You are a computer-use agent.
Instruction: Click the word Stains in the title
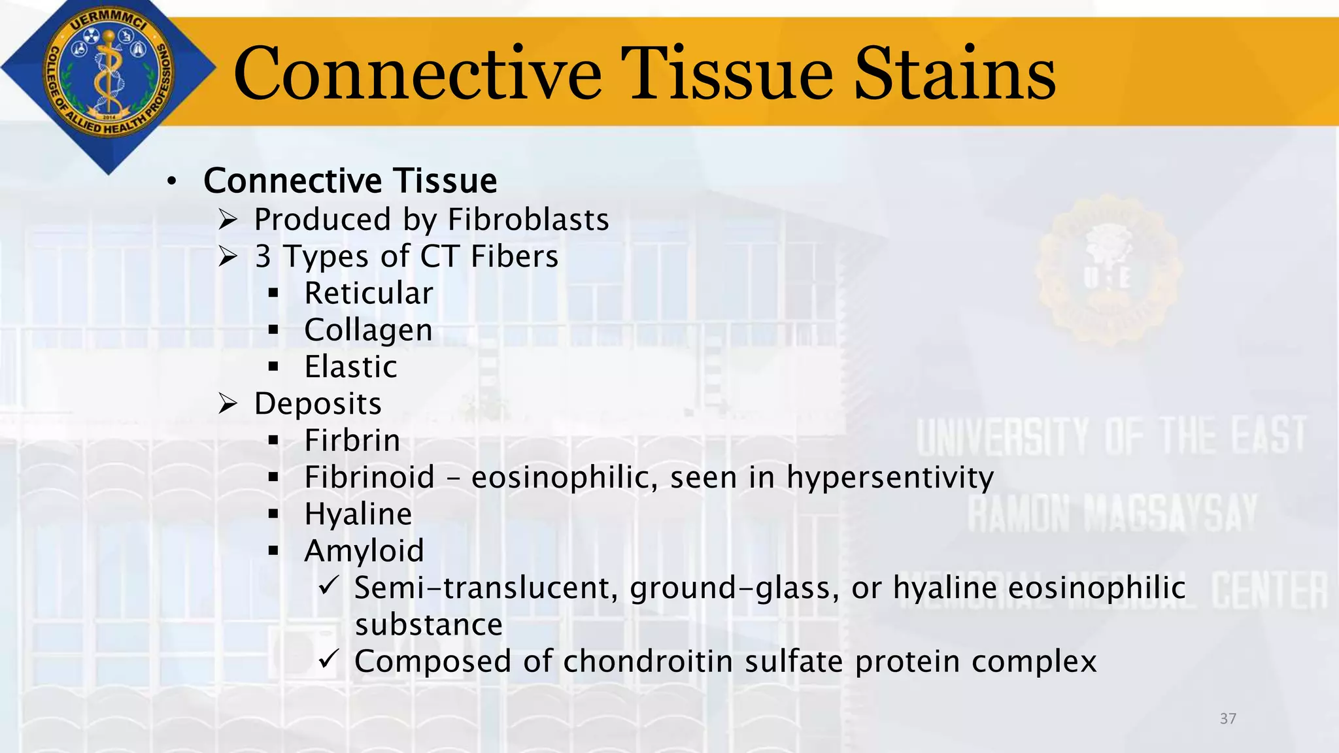click(x=955, y=73)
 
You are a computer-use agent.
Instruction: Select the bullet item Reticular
click(x=369, y=293)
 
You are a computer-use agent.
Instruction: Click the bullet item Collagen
click(x=368, y=330)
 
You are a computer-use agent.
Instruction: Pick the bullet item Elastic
click(x=350, y=367)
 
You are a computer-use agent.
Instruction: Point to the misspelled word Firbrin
click(x=352, y=441)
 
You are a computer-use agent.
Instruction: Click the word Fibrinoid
click(x=369, y=477)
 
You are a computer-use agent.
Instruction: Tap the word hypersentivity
click(x=890, y=478)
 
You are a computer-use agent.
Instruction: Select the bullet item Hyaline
click(x=358, y=514)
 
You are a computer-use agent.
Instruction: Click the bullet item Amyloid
click(x=364, y=551)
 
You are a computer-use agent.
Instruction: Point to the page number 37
click(x=1228, y=718)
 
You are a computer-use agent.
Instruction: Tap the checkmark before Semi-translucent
click(x=328, y=585)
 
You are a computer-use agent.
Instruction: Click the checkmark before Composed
click(x=328, y=659)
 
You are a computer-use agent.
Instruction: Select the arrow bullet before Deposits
click(x=228, y=404)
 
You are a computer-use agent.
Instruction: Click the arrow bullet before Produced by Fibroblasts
click(x=228, y=220)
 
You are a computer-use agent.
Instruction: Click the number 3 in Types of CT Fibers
click(x=263, y=257)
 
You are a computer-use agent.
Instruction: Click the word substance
click(x=428, y=625)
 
